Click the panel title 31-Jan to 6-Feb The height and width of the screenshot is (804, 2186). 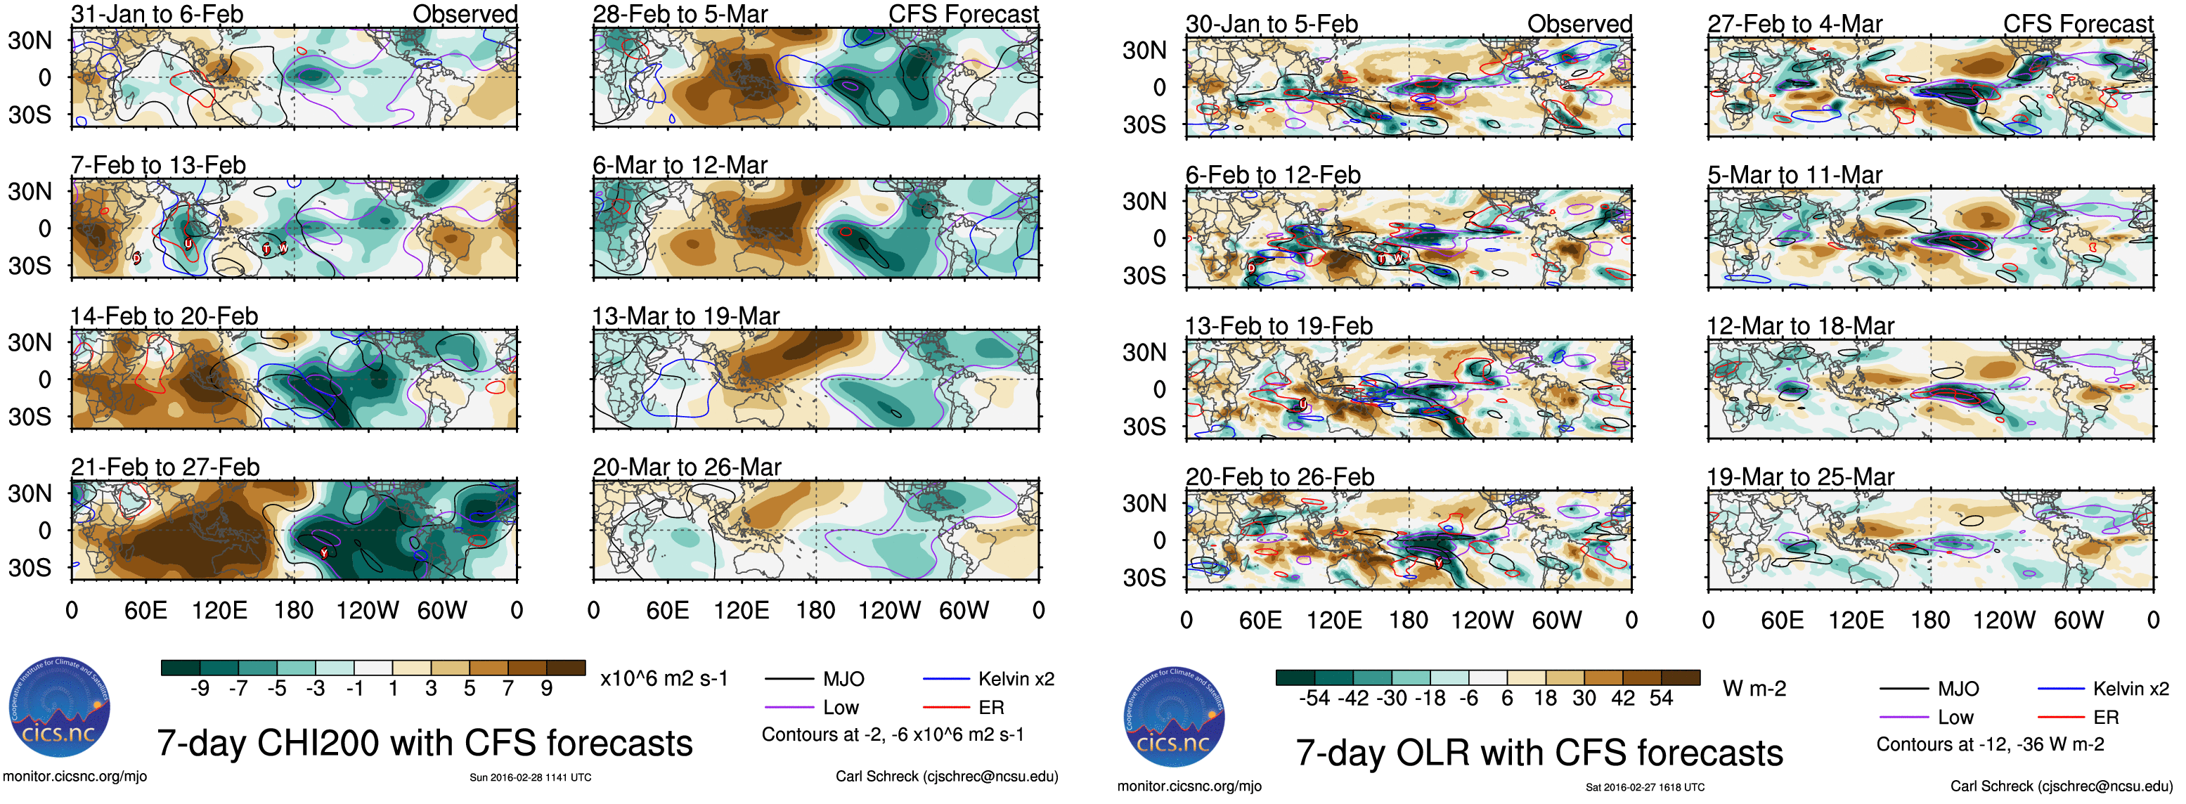tap(157, 15)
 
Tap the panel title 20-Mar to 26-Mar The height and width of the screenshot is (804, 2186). tap(687, 467)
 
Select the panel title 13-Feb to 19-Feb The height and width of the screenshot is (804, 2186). tap(1279, 325)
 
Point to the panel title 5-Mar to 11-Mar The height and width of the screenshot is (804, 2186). tap(1794, 175)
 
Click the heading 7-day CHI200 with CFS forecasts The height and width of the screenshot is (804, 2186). tap(425, 743)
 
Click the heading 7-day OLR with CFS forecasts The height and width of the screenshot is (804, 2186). tap(1539, 753)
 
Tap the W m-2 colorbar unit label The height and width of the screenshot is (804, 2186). tap(1754, 689)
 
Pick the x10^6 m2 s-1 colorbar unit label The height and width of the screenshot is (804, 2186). tap(664, 678)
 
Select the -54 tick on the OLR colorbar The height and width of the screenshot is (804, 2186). tap(1314, 698)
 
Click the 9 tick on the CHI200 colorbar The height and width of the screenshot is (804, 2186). tap(547, 688)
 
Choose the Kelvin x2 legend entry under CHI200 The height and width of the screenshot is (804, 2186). tap(1016, 678)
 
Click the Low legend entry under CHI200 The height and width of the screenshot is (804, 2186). tap(840, 707)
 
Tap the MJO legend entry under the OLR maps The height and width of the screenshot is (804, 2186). tap(1958, 689)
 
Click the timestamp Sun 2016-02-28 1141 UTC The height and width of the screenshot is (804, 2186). tap(531, 777)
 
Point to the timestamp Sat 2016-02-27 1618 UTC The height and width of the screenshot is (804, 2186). tap(1645, 787)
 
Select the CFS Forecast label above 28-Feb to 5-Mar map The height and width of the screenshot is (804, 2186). tap(963, 15)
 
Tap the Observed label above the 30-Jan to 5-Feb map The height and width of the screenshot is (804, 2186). tap(1579, 24)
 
